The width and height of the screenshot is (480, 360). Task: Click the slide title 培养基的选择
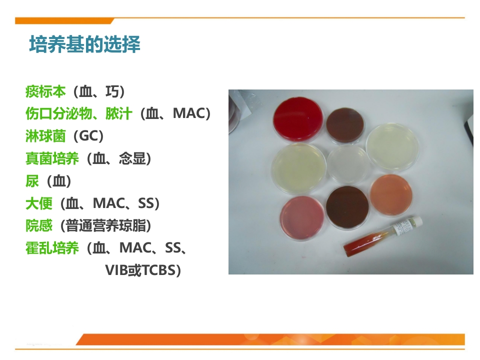(84, 44)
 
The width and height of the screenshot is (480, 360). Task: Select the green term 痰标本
(45, 91)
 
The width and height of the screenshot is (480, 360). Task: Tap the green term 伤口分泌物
(58, 114)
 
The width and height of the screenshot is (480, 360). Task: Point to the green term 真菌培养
(52, 159)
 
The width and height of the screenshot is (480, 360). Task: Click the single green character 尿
(32, 181)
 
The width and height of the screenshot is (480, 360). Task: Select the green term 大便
(38, 203)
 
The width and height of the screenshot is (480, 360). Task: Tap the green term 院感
(38, 226)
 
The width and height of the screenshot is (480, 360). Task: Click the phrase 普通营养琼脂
(105, 226)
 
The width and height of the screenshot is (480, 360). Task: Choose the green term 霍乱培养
(52, 248)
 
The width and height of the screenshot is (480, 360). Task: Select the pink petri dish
(302, 217)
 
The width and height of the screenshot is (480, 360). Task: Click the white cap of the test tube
(416, 221)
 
